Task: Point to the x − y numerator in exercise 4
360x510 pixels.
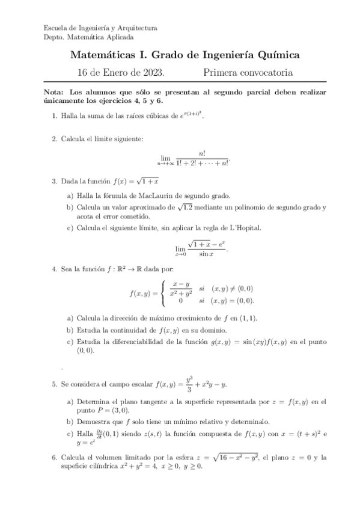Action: pos(181,284)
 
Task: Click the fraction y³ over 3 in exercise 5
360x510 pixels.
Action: pos(189,385)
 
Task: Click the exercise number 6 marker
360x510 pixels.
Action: pos(54,458)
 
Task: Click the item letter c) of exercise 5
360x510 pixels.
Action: pos(70,434)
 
